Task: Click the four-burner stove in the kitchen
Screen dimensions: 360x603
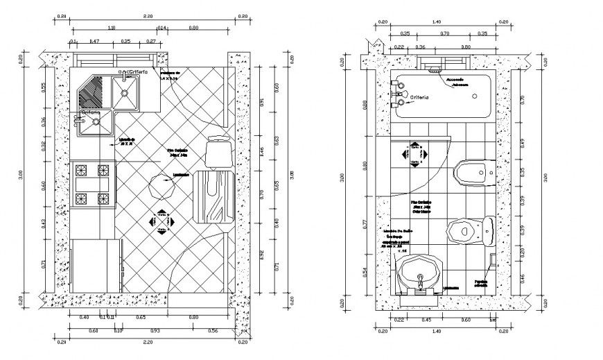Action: click(x=92, y=185)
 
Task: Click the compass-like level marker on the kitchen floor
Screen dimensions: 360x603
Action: click(x=161, y=221)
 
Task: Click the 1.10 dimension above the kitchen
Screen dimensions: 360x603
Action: click(x=112, y=28)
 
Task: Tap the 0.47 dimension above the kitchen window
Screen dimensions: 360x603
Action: click(x=95, y=42)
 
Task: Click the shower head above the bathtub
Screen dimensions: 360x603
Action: click(x=435, y=70)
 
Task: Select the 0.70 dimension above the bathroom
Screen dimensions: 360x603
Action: click(x=445, y=33)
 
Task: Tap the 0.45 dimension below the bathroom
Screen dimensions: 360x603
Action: click(x=426, y=320)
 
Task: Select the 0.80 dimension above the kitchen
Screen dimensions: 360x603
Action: click(x=193, y=28)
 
